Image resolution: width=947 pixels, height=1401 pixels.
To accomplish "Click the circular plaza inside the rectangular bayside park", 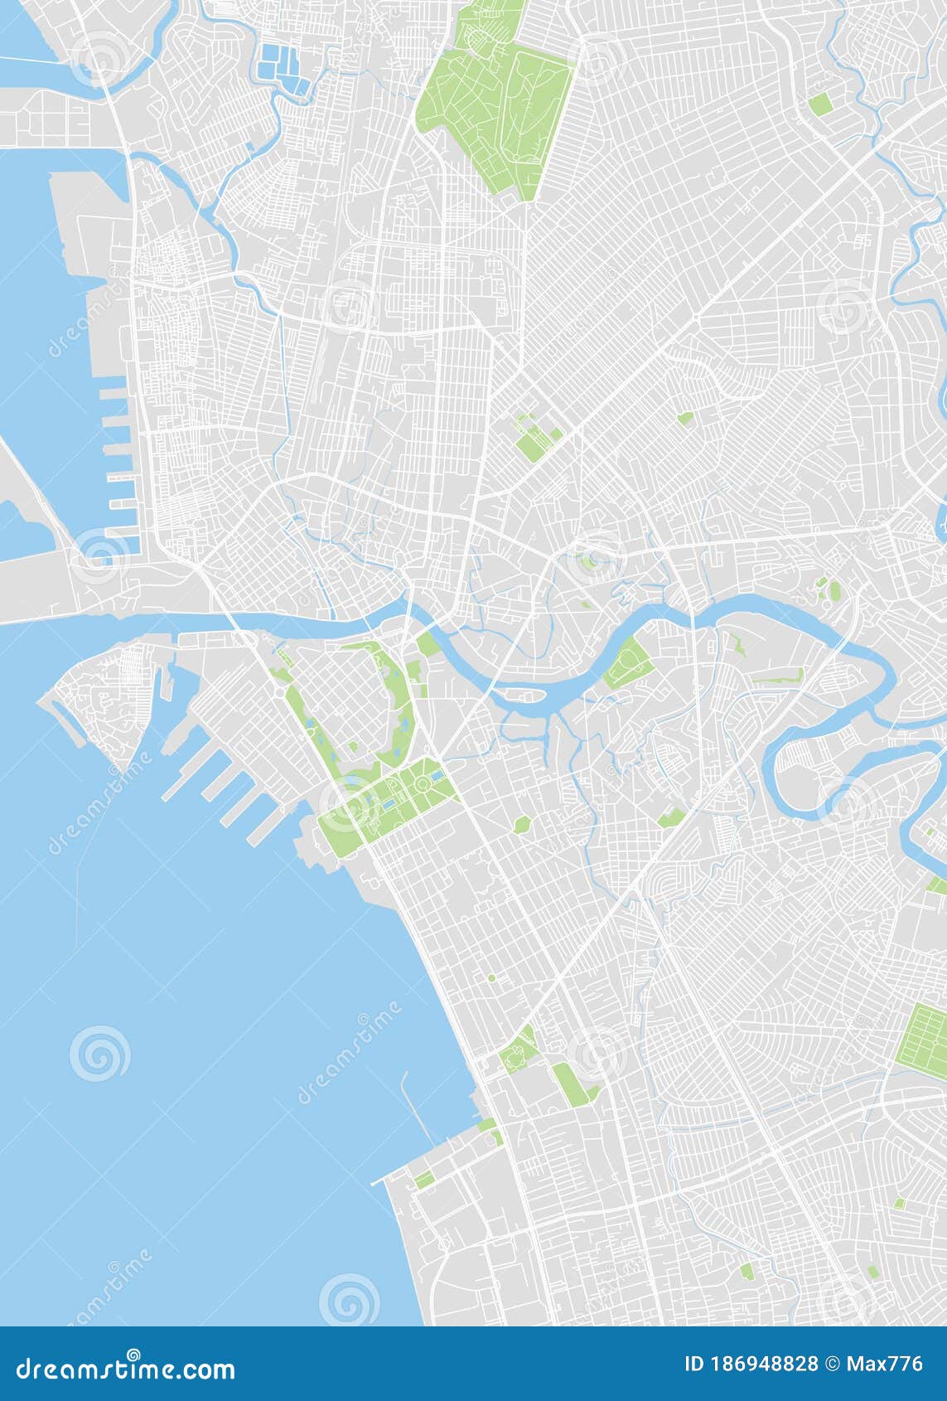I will pos(424,783).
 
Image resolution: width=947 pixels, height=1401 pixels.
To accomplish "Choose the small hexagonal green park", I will pos(521,824).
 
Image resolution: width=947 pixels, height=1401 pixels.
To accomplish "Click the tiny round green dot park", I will pos(491,978).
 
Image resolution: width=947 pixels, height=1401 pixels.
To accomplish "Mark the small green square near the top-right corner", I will pos(820,104).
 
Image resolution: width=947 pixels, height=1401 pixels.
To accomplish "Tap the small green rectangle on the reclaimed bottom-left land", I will pos(423,1179).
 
